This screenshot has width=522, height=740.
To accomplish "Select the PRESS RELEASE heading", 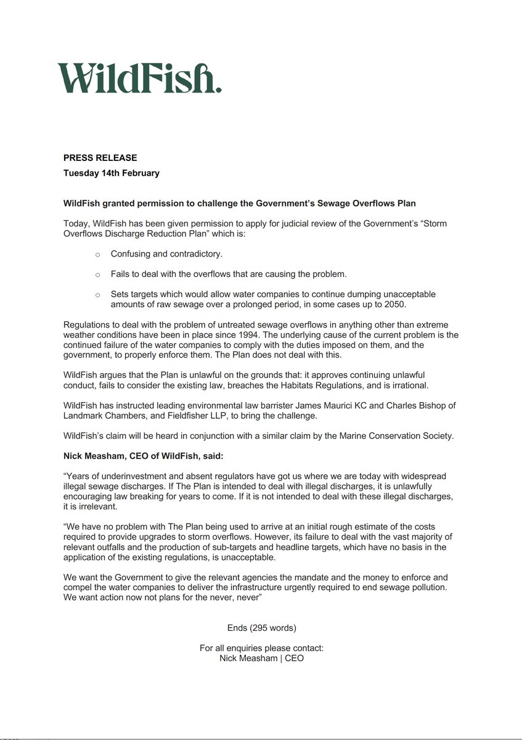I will click(100, 158).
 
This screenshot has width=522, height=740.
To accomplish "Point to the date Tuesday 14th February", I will click(111, 173).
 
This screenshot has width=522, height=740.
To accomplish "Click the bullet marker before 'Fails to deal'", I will click(97, 274).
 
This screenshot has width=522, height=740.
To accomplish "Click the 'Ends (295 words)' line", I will click(261, 628).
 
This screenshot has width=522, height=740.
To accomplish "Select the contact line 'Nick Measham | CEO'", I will click(261, 658).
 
